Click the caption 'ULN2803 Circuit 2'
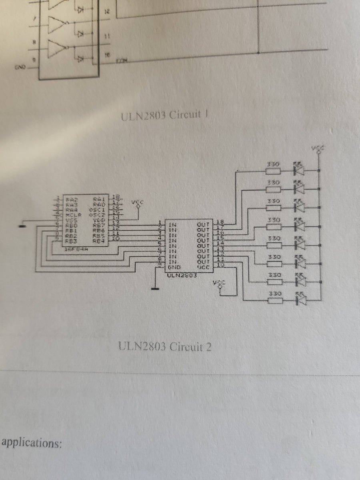coord(164,346)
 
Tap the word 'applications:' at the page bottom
coord(32,443)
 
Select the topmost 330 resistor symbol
coord(274,171)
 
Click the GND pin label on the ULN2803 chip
coord(173,267)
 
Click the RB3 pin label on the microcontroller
coord(72,241)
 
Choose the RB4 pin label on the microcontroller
coord(98,241)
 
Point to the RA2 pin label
coord(72,199)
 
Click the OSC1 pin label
coord(98,209)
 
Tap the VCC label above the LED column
coord(318,149)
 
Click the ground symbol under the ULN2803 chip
coord(155,288)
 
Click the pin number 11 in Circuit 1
coord(107,36)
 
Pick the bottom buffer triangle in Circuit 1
coord(56,50)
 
